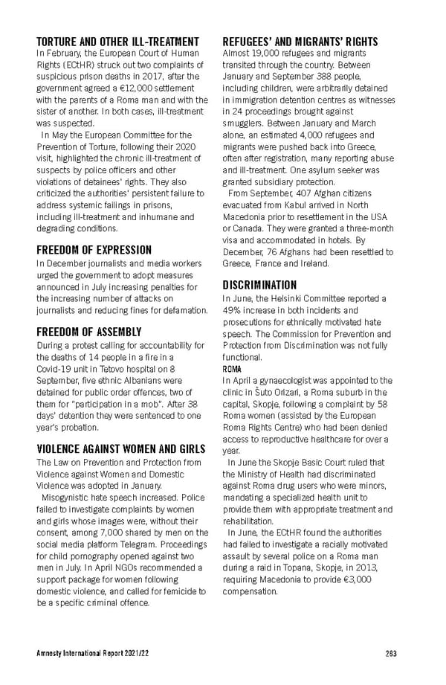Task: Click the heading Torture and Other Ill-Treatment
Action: click(117, 41)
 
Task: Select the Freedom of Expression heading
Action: click(94, 250)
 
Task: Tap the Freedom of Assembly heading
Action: click(88, 332)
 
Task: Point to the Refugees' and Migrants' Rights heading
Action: click(300, 41)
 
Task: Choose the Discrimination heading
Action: click(259, 285)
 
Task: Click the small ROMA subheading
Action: click(232, 368)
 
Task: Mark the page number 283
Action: click(391, 654)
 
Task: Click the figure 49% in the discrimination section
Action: click(233, 309)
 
